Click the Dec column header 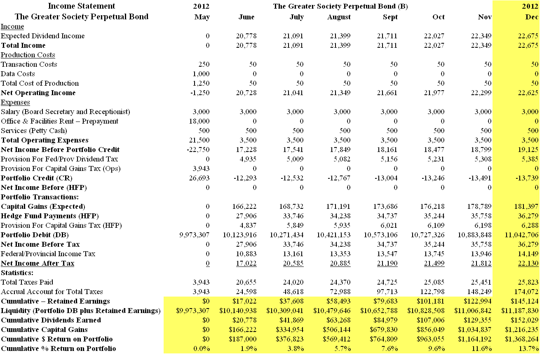[532, 17]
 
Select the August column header [339, 17]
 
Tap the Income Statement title [82, 6]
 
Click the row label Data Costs [18, 74]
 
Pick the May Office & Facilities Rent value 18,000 [199, 121]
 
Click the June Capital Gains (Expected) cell [243, 206]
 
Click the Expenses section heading [15, 102]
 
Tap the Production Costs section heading [28, 55]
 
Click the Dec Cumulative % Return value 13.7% [529, 348]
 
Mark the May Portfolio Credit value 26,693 [199, 178]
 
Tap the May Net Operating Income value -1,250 [200, 93]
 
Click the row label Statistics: [17, 273]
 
